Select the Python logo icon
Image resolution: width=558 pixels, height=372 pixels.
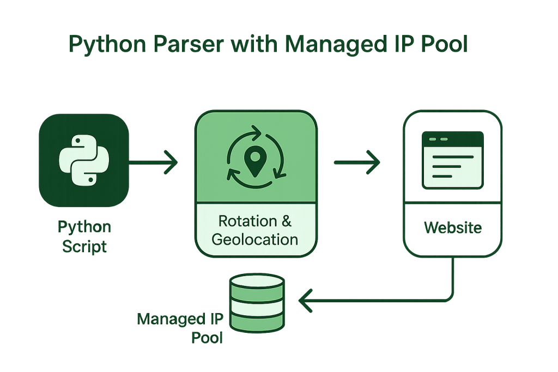84,161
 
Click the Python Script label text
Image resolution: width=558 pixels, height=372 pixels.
84,236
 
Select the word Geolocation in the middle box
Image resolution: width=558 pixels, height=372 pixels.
255,239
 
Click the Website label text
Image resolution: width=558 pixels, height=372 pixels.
452,227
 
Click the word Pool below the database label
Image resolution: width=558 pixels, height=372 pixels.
208,337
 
